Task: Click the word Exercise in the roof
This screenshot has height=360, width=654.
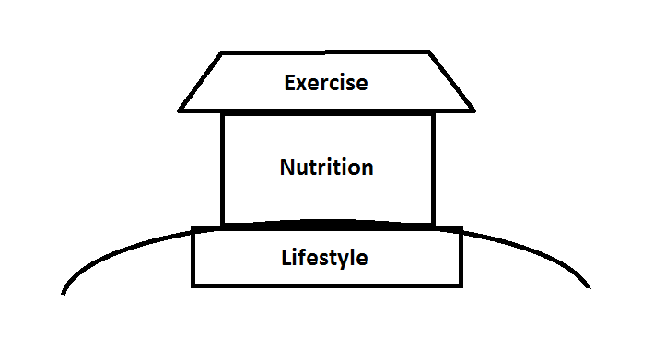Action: click(x=326, y=83)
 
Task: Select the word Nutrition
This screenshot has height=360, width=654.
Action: click(x=326, y=168)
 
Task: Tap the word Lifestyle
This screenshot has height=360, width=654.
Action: click(x=324, y=258)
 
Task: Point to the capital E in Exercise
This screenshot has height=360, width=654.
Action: click(x=290, y=83)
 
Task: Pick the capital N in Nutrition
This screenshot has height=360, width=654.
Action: click(x=286, y=168)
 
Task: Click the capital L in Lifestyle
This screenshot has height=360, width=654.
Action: click(x=286, y=257)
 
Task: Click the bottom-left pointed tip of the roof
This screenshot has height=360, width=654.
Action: click(x=180, y=110)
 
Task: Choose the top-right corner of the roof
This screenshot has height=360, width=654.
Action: click(x=430, y=52)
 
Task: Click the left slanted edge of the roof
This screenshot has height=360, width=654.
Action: click(x=202, y=81)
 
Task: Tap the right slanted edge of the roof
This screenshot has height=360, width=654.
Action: click(x=452, y=81)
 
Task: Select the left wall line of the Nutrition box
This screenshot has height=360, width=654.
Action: click(x=223, y=168)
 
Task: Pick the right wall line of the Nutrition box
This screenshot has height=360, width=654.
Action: click(x=432, y=168)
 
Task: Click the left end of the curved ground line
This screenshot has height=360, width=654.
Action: click(x=64, y=293)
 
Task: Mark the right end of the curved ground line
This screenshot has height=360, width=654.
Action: click(x=590, y=287)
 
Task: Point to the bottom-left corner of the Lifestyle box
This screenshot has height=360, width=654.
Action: click(x=193, y=284)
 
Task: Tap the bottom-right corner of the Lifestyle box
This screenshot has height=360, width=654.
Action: click(x=460, y=284)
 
